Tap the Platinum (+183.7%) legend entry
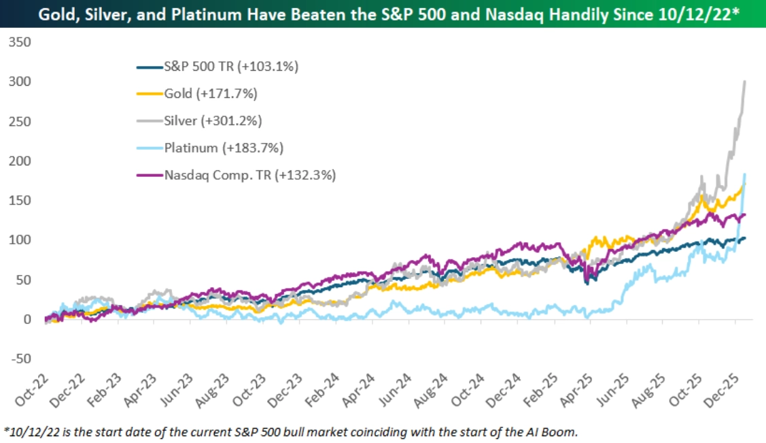(x=224, y=147)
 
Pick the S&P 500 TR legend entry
(x=231, y=67)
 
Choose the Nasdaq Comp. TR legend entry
(x=249, y=174)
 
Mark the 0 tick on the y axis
(x=27, y=319)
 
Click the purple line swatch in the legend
(x=150, y=175)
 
